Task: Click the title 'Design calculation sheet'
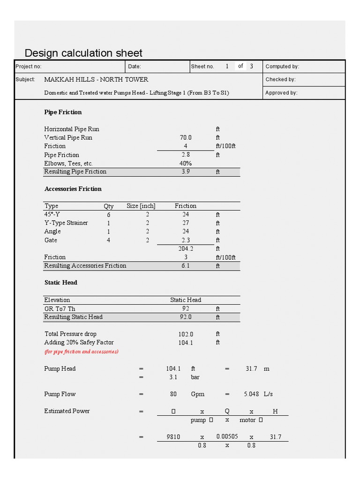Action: coord(83,53)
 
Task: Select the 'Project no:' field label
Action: coord(29,67)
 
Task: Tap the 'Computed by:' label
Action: coord(282,67)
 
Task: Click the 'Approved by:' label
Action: coord(281,93)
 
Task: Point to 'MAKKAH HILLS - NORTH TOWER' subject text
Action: coord(96,80)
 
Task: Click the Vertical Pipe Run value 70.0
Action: coord(186,138)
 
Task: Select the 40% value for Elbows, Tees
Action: coord(185,164)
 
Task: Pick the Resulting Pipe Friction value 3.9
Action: coord(186,172)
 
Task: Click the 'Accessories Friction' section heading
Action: coord(73,189)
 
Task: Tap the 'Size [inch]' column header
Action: coord(141,206)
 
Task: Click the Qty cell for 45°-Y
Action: coord(108,215)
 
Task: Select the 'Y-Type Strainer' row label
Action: coord(66,223)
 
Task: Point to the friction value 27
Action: coord(186,223)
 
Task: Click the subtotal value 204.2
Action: coord(186,249)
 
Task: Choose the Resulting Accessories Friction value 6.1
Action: coord(186,266)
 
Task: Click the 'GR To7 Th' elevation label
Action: coord(60,309)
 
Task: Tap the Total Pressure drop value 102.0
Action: coord(186,334)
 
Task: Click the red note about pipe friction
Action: coord(81,352)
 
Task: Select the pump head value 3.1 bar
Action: coord(173,377)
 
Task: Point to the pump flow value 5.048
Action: coord(251,394)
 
